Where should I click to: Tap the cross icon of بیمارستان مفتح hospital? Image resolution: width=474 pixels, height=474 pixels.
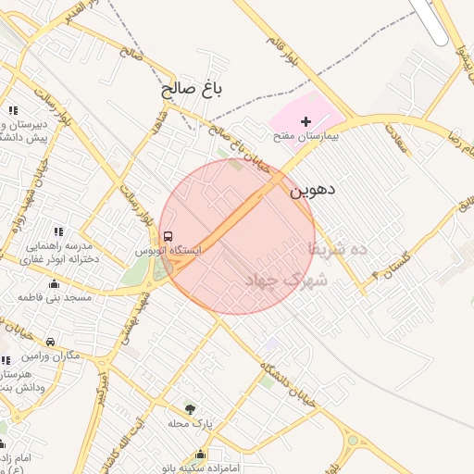pyautogui.click(x=306, y=121)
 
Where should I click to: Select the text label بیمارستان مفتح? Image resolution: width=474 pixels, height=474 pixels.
pyautogui.click(x=306, y=136)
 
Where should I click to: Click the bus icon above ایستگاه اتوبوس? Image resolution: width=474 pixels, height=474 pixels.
pyautogui.click(x=168, y=236)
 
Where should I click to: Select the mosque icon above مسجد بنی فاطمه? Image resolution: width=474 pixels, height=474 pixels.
pyautogui.click(x=54, y=283)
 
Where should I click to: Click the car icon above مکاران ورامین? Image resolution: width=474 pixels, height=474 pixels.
pyautogui.click(x=50, y=341)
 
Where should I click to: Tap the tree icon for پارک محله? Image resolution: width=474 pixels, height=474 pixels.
pyautogui.click(x=190, y=408)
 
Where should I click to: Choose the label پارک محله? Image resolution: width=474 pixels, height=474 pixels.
pyautogui.click(x=190, y=423)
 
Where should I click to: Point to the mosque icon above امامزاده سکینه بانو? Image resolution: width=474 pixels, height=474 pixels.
pyautogui.click(x=200, y=454)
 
